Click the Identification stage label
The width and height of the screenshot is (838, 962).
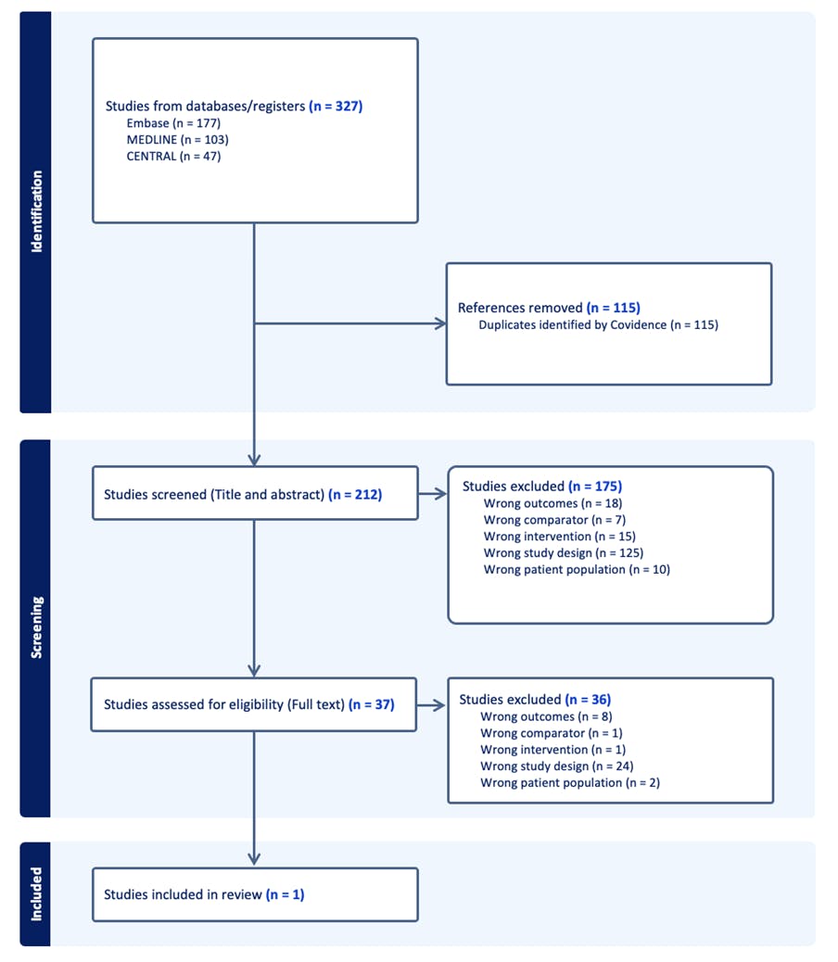[x=36, y=211]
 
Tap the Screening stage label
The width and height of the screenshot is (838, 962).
[x=36, y=627]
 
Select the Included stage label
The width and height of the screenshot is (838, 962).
[x=36, y=893]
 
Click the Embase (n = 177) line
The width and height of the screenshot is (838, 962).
[x=173, y=123]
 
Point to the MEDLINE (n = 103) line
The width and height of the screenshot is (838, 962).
[x=177, y=140]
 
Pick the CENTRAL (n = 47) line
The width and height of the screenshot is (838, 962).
[x=173, y=157]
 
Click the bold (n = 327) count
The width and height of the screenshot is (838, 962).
[x=336, y=107]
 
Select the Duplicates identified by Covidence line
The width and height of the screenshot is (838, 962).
[x=598, y=325]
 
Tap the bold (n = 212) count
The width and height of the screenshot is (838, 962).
[x=355, y=495]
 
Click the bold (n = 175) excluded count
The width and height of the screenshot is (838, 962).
[x=594, y=486]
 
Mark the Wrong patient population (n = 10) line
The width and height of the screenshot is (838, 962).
[x=576, y=570]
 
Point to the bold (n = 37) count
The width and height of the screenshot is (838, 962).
[x=372, y=704]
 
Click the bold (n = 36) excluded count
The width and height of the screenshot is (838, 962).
[x=588, y=700]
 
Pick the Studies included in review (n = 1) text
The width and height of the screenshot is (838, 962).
[x=204, y=894]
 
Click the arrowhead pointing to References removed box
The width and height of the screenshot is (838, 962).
[x=439, y=324]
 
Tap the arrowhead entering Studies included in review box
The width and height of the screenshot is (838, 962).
[x=254, y=859]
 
